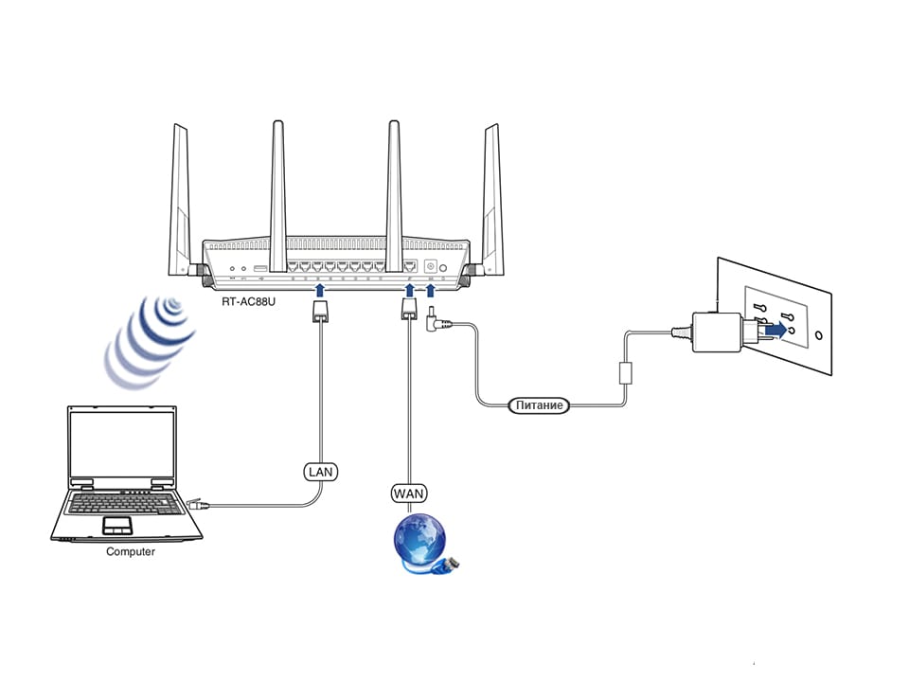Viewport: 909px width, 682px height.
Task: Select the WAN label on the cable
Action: point(409,493)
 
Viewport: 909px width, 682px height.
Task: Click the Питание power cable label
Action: point(540,405)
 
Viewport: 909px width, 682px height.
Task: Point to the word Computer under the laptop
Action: point(131,551)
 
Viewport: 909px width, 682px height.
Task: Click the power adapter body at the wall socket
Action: point(717,332)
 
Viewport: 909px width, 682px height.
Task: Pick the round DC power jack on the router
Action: point(433,267)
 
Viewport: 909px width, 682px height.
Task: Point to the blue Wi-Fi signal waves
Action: point(151,341)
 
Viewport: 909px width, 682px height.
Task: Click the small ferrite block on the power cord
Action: point(625,372)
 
